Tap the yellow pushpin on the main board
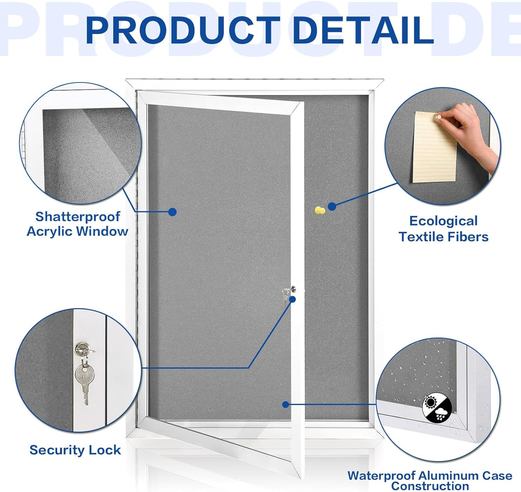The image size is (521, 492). pos(319,210)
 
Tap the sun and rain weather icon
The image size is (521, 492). pos(437,408)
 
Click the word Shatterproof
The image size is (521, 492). pos(78,216)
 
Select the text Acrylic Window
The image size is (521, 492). pos(78,231)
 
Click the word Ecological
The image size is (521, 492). pos(443,221)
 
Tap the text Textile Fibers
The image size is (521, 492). pos(443,237)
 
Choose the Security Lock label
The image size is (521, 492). pos(75,450)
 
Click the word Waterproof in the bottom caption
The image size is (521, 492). pos(381,475)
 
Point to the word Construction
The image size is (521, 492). pos(429,486)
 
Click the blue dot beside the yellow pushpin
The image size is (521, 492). pos(332,206)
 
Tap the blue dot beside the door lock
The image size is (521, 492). pos(292,299)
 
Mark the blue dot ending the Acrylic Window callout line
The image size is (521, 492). pos(172,212)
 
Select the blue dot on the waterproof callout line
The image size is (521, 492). pos(286,405)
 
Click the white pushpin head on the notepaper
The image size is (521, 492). pos(439,117)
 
